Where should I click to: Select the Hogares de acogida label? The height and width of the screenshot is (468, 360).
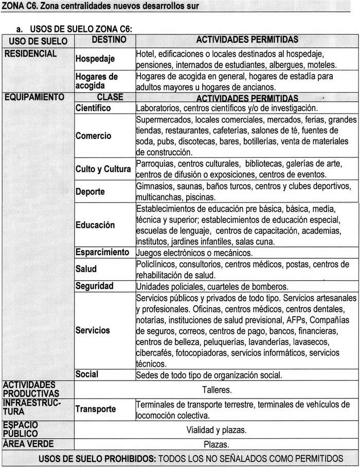97,81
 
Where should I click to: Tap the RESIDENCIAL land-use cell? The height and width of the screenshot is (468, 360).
30,53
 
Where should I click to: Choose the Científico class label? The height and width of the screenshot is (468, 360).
93,108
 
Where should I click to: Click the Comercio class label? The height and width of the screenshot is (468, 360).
93,136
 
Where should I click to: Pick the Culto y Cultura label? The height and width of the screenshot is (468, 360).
103,169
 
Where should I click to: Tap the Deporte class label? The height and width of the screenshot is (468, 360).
90,192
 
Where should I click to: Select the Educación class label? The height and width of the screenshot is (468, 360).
95,225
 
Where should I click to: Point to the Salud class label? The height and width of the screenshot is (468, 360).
86,268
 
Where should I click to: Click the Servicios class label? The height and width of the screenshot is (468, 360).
93,330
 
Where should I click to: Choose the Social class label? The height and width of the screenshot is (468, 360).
87,374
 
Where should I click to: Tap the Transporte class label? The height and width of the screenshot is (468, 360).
96,409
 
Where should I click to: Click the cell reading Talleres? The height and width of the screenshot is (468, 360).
217,389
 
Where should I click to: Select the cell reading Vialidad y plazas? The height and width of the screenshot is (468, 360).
217,430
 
